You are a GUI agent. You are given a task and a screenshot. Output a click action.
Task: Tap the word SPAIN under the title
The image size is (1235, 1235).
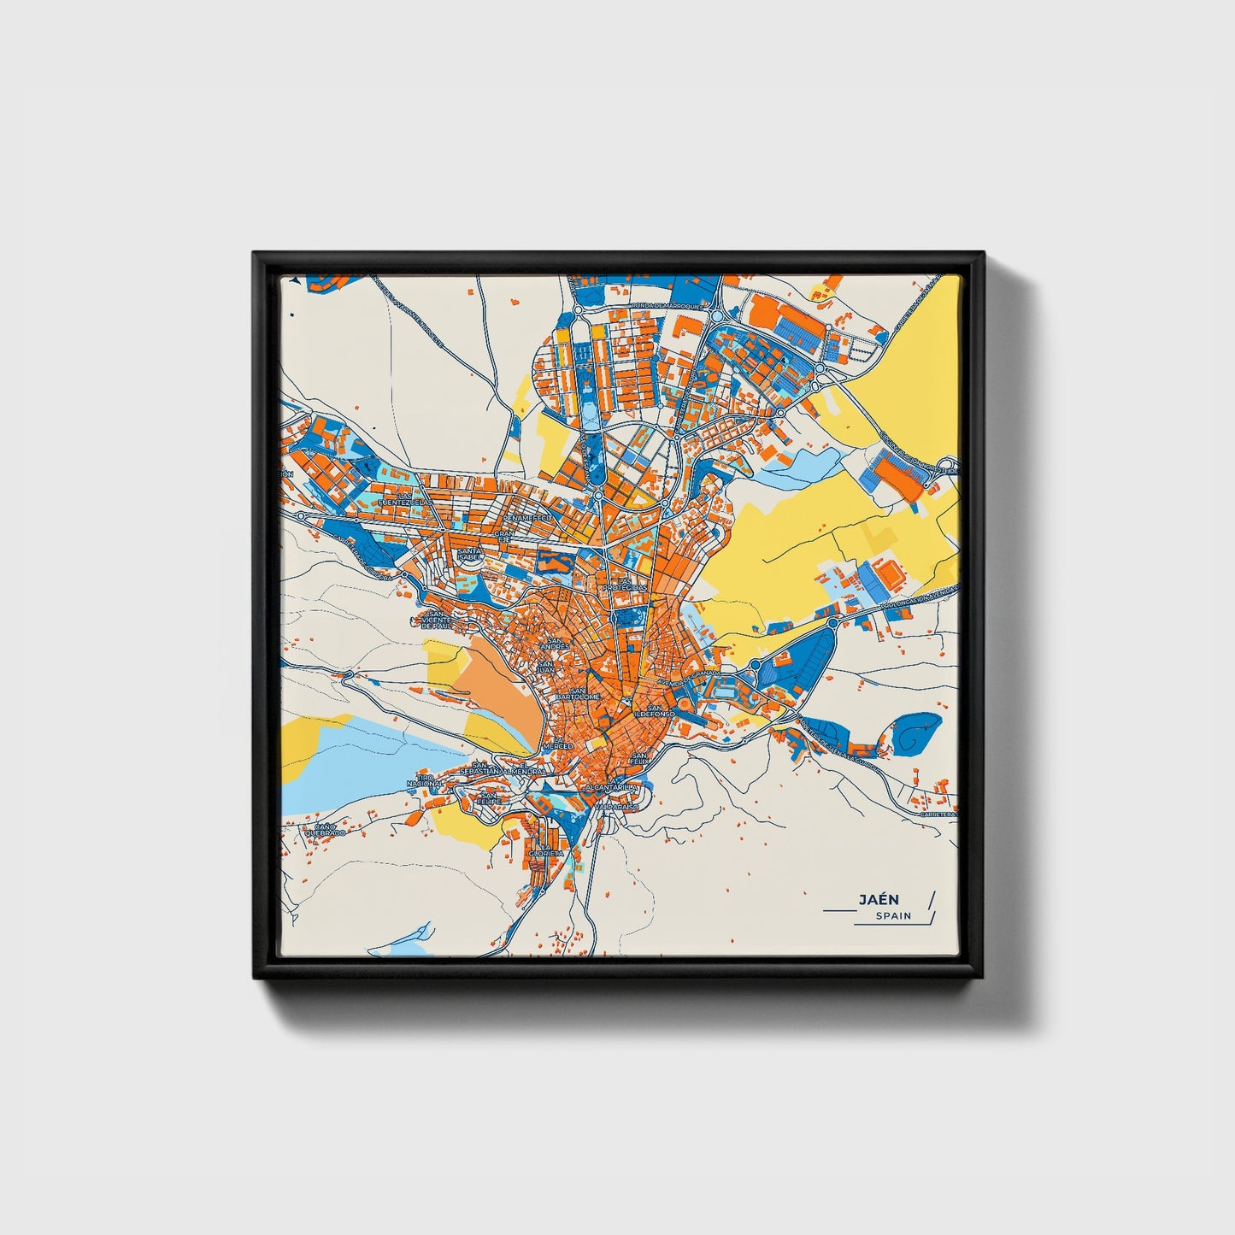click(893, 915)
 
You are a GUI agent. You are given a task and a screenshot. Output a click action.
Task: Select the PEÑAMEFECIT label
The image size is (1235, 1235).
click(529, 518)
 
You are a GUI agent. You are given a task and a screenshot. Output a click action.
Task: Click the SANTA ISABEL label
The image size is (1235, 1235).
click(469, 556)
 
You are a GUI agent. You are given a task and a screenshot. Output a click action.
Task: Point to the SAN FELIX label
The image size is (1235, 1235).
click(638, 758)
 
